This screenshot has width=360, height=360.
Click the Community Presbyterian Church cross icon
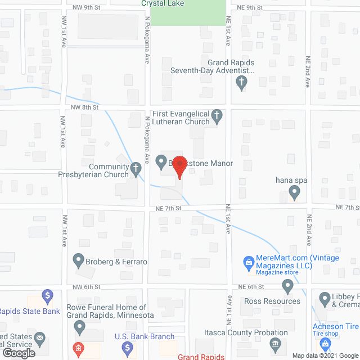tap(136, 168)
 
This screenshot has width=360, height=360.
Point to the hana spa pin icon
tap(294, 193)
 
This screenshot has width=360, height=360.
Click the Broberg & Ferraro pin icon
tap(79, 260)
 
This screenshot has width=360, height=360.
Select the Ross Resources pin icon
tap(288, 288)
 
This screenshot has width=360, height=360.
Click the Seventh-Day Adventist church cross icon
tap(241, 83)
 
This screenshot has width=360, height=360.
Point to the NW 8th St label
tap(85, 106)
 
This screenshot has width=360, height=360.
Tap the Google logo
tap(18, 353)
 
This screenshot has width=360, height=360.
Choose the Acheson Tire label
tap(336, 326)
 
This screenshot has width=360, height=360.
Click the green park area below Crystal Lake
tap(188, 15)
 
